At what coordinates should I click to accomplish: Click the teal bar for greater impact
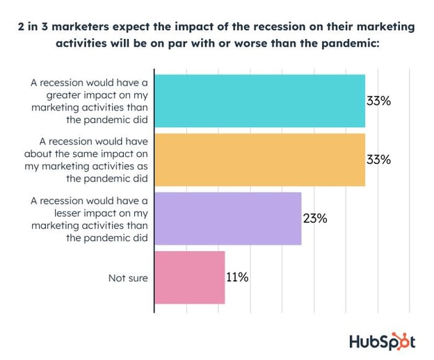click(x=259, y=101)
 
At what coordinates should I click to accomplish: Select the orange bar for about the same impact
click(x=259, y=159)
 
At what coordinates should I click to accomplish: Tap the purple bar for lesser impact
click(x=227, y=218)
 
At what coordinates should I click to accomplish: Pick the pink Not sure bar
click(x=189, y=277)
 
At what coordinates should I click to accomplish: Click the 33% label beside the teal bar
click(x=378, y=101)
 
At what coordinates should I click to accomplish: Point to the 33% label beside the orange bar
click(x=378, y=159)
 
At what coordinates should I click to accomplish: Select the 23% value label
click(x=314, y=218)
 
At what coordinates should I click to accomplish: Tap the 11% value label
click(x=237, y=277)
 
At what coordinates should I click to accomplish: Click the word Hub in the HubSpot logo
click(x=362, y=341)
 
